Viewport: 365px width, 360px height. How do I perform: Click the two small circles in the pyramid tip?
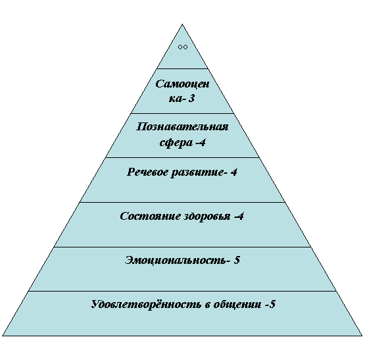(x=183, y=47)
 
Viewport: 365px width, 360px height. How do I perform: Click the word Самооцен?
(x=182, y=84)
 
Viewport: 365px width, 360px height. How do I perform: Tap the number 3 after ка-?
(x=191, y=98)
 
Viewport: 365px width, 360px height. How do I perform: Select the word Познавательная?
(x=182, y=127)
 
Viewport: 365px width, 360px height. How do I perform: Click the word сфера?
(x=176, y=142)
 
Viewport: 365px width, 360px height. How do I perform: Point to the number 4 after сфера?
(x=203, y=142)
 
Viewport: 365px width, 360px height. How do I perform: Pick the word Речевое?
(x=147, y=172)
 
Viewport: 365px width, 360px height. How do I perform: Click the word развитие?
(x=197, y=172)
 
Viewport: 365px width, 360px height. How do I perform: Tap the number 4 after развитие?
(x=234, y=172)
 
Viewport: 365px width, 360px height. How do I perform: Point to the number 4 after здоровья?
(x=241, y=217)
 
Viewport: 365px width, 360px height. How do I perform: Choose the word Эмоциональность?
(x=176, y=260)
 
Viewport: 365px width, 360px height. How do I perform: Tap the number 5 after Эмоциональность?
(x=237, y=260)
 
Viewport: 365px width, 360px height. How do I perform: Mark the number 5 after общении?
(x=272, y=304)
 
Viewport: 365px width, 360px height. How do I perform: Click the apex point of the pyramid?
(x=182, y=24)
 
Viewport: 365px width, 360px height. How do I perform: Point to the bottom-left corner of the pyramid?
(x=3, y=336)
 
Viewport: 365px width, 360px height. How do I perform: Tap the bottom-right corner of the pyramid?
(x=362, y=336)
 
